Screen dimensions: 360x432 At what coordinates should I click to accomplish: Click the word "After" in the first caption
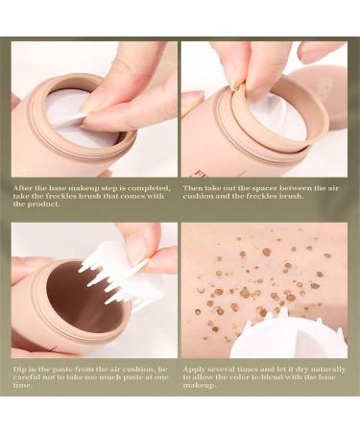(x=22, y=188)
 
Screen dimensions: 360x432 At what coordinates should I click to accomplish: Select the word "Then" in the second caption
(x=193, y=188)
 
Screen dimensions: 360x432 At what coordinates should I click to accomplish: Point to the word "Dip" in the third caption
(x=20, y=370)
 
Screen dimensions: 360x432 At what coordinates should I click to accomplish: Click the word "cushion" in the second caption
(x=198, y=196)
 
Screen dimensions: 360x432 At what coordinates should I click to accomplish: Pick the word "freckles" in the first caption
(x=55, y=196)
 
